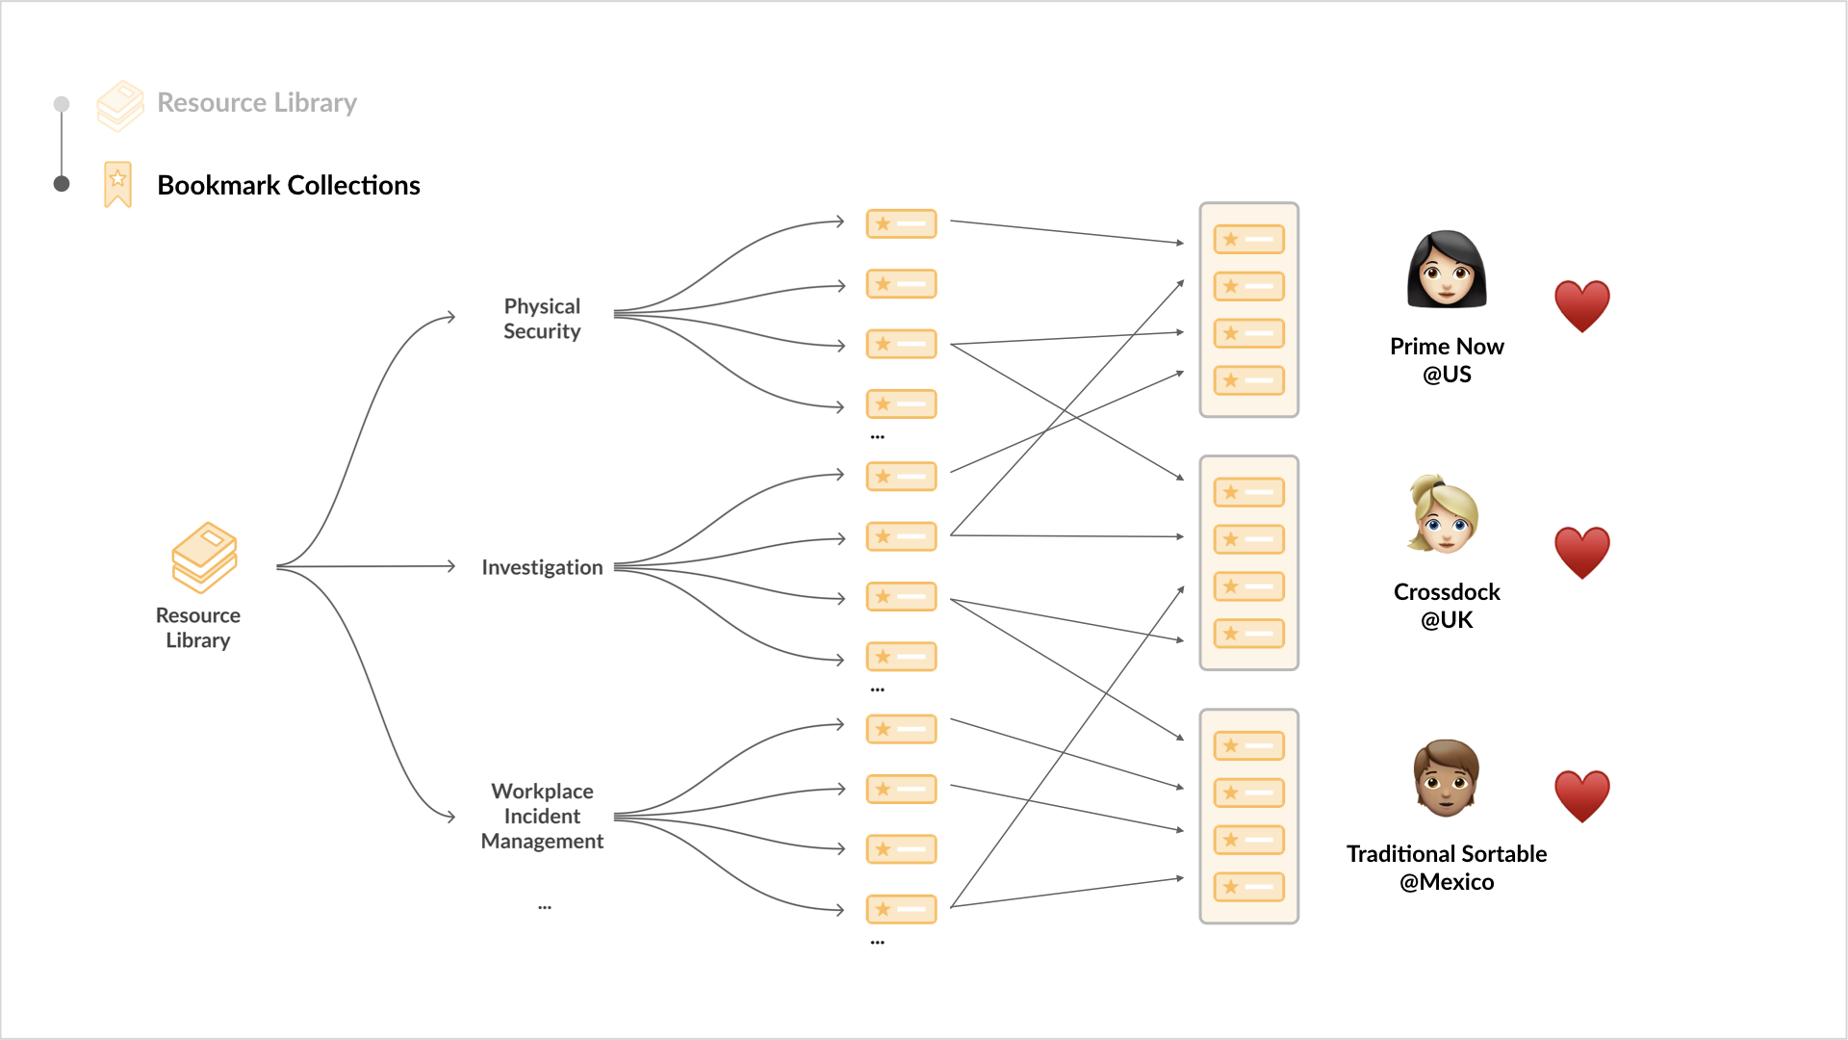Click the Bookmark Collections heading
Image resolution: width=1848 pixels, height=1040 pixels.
pyautogui.click(x=289, y=185)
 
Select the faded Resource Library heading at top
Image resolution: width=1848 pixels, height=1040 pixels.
pyautogui.click(x=257, y=102)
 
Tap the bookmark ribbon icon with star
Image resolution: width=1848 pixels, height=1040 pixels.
pyautogui.click(x=117, y=184)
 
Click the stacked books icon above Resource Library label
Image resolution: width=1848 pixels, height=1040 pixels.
pyautogui.click(x=204, y=558)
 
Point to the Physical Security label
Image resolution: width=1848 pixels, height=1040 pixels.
pyautogui.click(x=542, y=319)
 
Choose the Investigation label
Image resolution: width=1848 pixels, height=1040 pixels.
pyautogui.click(x=542, y=567)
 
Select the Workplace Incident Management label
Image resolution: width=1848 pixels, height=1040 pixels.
pyautogui.click(x=542, y=816)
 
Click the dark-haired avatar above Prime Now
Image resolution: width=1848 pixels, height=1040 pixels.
pyautogui.click(x=1447, y=269)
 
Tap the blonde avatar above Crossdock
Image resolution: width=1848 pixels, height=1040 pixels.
pyautogui.click(x=1444, y=514)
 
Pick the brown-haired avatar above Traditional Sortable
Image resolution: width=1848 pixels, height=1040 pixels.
pyautogui.click(x=1446, y=778)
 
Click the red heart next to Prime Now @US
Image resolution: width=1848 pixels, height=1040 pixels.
pyautogui.click(x=1582, y=306)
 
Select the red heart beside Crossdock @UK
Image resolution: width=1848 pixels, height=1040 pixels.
pyautogui.click(x=1582, y=553)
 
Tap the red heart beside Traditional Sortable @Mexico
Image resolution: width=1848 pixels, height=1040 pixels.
pyautogui.click(x=1582, y=796)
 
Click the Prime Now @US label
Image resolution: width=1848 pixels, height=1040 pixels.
pyautogui.click(x=1447, y=360)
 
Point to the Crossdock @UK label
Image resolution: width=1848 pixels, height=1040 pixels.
pyautogui.click(x=1447, y=606)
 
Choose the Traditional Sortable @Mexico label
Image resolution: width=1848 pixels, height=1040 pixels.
pyautogui.click(x=1447, y=868)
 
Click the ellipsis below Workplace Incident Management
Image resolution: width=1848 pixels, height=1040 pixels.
pyautogui.click(x=545, y=907)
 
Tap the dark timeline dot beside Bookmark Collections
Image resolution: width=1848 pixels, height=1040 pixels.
pyautogui.click(x=62, y=184)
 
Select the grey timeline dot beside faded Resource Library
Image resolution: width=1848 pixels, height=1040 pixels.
pyautogui.click(x=62, y=103)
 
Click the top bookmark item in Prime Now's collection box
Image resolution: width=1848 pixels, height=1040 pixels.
pyautogui.click(x=1249, y=239)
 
